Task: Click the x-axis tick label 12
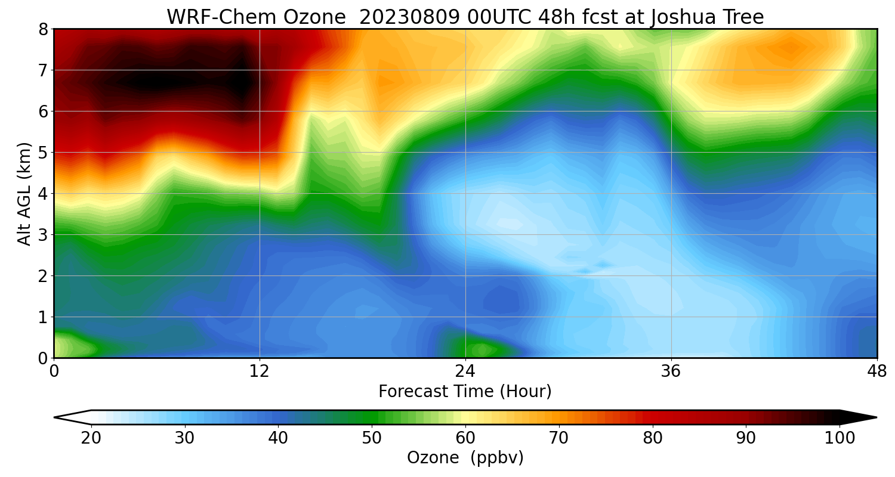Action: (x=260, y=371)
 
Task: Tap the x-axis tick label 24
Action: (x=465, y=371)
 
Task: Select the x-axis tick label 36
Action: (x=671, y=371)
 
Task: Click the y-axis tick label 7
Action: (x=44, y=70)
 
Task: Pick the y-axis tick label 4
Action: (x=44, y=194)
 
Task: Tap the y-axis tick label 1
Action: (x=44, y=317)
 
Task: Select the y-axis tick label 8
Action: (x=44, y=29)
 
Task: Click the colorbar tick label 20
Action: (x=91, y=438)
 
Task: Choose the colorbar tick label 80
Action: (x=653, y=438)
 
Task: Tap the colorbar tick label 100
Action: (x=840, y=438)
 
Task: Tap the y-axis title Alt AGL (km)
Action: (x=24, y=193)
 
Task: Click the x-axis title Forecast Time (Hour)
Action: (x=465, y=392)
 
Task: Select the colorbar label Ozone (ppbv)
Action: (x=465, y=458)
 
